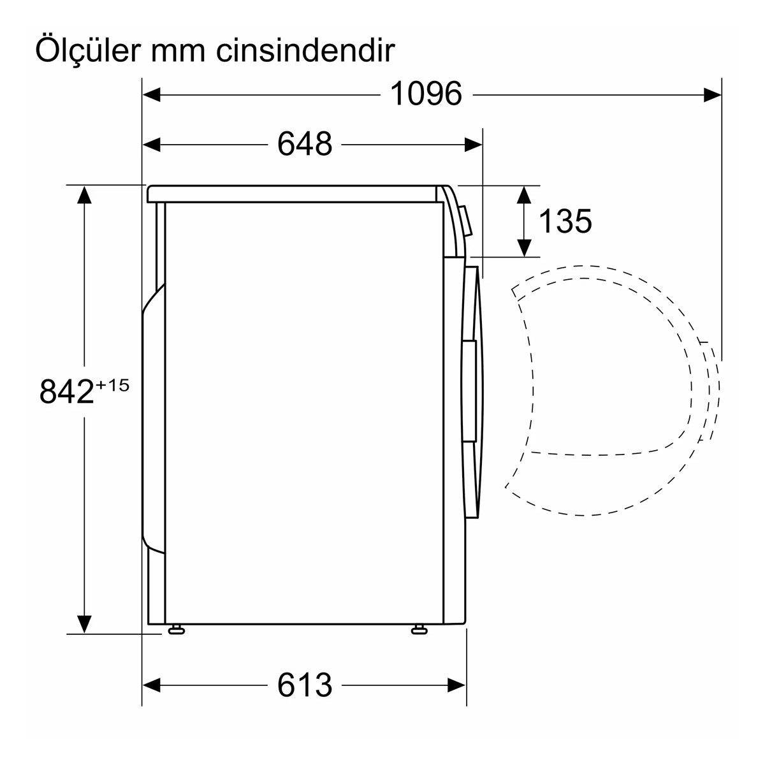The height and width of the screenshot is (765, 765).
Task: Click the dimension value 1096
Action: coord(426,94)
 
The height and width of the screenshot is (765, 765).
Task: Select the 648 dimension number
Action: coord(305,143)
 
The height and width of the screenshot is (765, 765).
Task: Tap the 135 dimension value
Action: coord(565,221)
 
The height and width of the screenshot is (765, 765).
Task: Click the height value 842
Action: coord(67,391)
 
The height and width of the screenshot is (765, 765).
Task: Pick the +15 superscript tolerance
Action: coord(113,386)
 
